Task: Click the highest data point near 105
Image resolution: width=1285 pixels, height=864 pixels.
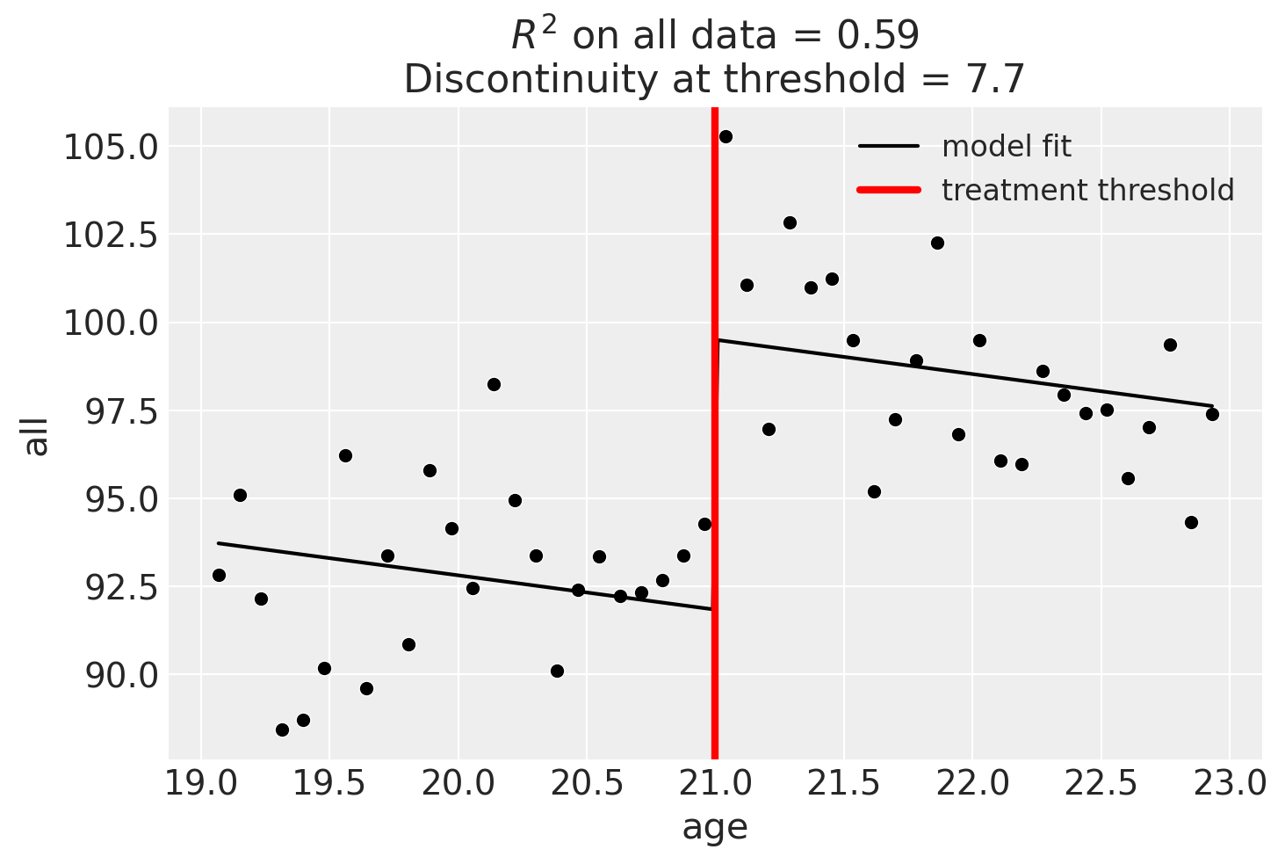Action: (x=726, y=136)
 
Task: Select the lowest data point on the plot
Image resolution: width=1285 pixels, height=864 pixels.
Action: (x=282, y=730)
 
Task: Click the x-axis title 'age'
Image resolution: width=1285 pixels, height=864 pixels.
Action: (x=715, y=828)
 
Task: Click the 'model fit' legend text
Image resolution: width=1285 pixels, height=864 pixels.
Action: (x=1007, y=147)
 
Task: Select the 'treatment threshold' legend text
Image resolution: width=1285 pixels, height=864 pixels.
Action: (x=1087, y=190)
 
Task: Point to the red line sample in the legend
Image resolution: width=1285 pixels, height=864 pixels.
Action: (x=888, y=190)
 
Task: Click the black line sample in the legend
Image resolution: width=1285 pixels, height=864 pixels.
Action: (x=888, y=147)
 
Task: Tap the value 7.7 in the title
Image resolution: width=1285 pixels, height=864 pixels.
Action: (x=999, y=80)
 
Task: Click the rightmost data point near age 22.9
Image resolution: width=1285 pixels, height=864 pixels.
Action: (x=1212, y=414)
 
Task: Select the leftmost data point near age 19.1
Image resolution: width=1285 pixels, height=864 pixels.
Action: (x=219, y=575)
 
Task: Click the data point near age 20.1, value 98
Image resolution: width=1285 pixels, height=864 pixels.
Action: (x=494, y=384)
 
